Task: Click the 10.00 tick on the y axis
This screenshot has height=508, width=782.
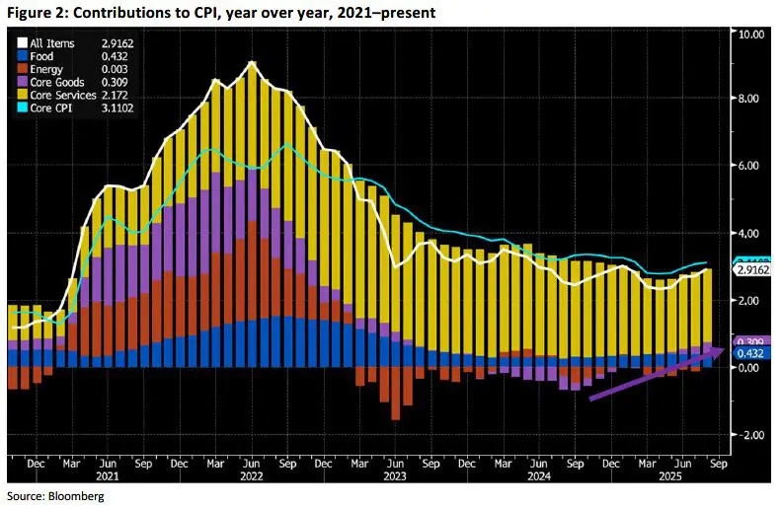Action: pos(751,33)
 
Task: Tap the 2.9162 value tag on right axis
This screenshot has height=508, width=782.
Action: pos(752,268)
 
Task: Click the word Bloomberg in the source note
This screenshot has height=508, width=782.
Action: pos(75,497)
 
